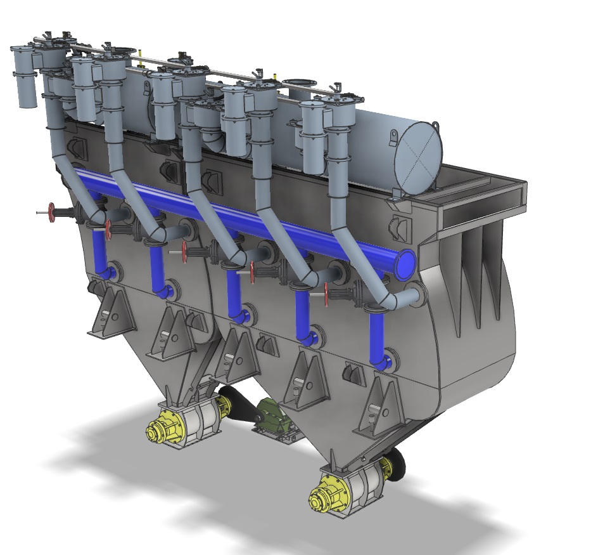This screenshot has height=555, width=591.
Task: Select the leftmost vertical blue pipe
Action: tap(99, 251)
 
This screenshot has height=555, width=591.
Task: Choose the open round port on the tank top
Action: tap(301, 83)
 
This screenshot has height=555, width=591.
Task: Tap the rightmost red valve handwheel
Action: tap(327, 294)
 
